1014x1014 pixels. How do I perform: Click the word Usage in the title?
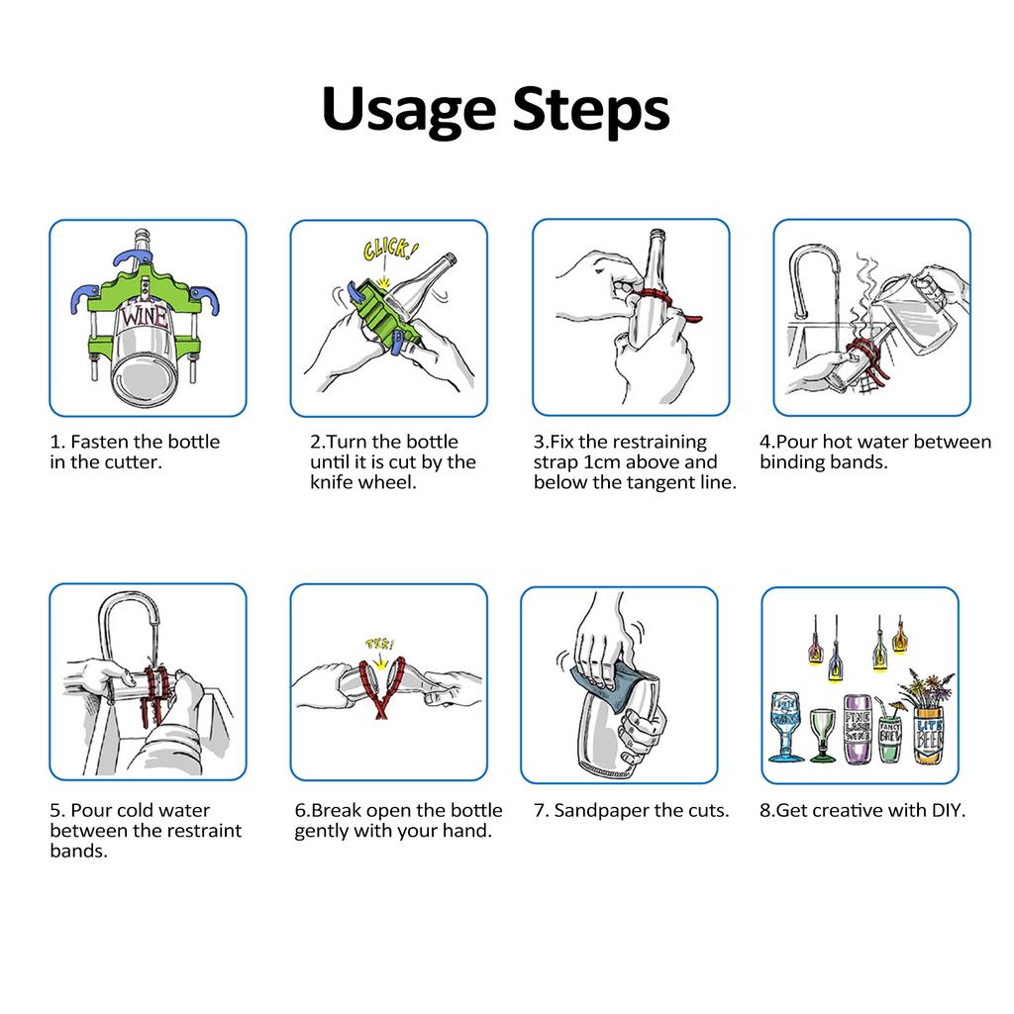click(x=409, y=111)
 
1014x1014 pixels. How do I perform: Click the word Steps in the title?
click(x=591, y=109)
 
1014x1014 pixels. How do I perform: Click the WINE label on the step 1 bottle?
click(x=144, y=316)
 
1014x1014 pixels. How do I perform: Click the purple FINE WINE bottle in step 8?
click(x=858, y=729)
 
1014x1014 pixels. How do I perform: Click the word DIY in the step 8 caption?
click(x=947, y=810)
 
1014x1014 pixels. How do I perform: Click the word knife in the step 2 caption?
click(x=331, y=482)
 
